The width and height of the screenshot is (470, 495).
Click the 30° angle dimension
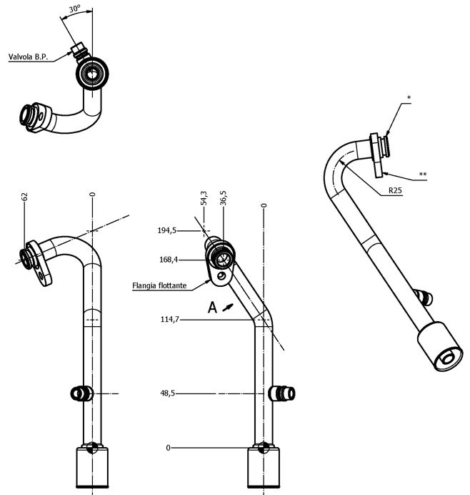[74, 9]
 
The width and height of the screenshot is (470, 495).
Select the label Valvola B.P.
[29, 56]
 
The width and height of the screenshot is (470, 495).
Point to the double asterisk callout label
[423, 174]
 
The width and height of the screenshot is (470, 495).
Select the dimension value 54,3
[204, 198]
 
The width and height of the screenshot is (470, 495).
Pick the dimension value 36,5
[224, 198]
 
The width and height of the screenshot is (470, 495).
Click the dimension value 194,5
[167, 230]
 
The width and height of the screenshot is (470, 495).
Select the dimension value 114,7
[170, 319]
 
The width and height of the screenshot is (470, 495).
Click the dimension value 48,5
[169, 393]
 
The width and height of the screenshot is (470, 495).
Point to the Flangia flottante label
[159, 286]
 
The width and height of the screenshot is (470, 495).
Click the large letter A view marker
[212, 308]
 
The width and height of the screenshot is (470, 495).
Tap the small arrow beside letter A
[228, 306]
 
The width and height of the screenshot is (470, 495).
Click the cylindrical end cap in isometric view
[438, 347]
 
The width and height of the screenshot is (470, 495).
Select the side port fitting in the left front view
[79, 393]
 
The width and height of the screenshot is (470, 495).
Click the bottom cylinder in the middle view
[264, 469]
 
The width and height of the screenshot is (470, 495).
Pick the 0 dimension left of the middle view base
[169, 448]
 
